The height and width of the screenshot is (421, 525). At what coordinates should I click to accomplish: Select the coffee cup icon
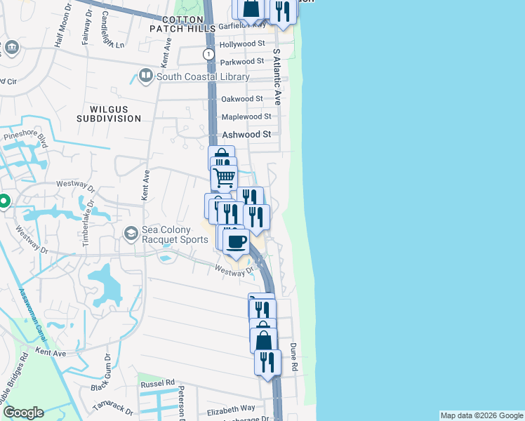(x=237, y=241)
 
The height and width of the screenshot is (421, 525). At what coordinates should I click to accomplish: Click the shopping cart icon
(x=224, y=178)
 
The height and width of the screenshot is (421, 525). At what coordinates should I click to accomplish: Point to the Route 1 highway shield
(x=208, y=54)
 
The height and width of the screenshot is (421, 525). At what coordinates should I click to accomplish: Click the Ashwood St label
(x=246, y=134)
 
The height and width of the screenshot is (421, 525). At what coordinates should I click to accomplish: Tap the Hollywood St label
(x=242, y=44)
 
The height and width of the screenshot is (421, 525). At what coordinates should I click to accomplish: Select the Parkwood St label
(x=242, y=62)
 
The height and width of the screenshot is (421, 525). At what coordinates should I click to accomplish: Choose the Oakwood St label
(x=242, y=99)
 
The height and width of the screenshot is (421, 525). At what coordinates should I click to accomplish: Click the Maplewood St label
(x=246, y=116)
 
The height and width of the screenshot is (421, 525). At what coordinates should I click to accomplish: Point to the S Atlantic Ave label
(x=277, y=77)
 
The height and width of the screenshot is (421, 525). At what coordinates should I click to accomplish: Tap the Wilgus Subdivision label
(x=115, y=114)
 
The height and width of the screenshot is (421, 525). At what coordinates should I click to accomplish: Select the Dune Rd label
(x=294, y=358)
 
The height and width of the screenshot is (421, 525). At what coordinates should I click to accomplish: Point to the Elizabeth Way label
(x=231, y=408)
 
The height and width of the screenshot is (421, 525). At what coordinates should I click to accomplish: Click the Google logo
(x=22, y=413)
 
